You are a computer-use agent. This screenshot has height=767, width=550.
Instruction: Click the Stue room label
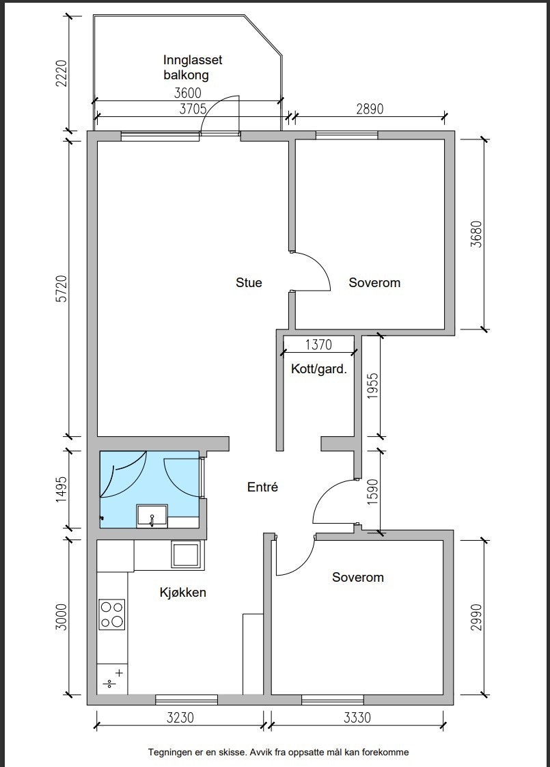[x=249, y=282]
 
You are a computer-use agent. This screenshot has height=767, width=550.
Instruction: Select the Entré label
[x=262, y=487]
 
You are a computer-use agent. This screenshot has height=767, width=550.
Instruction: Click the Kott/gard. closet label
[x=319, y=370]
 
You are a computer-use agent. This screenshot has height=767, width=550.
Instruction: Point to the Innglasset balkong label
[x=193, y=68]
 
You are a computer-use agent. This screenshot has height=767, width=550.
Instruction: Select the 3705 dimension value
[x=194, y=109]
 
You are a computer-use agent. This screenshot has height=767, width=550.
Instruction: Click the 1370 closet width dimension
[x=318, y=345]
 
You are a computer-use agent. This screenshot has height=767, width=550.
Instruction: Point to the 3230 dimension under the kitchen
[x=180, y=718]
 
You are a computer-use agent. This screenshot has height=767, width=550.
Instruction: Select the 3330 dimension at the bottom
[x=357, y=718]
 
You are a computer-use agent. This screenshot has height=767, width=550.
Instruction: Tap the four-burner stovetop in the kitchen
[x=112, y=614]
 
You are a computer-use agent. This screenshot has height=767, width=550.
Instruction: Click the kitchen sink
[x=186, y=554]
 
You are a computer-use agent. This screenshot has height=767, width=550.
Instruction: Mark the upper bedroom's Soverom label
[x=374, y=282]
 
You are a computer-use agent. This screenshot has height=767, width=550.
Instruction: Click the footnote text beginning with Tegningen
[x=279, y=752]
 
